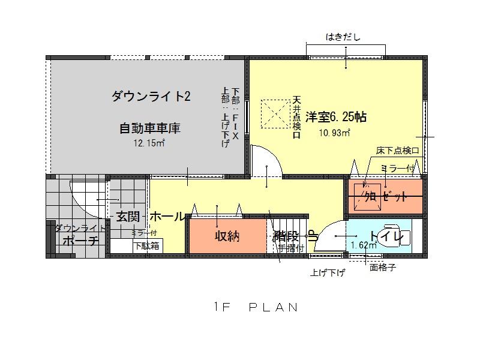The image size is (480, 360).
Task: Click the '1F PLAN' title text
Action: tap(256, 307)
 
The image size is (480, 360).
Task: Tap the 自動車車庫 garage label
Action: tap(150, 128)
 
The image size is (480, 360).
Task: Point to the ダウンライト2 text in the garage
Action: tap(151, 97)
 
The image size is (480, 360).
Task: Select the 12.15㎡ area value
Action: tap(150, 143)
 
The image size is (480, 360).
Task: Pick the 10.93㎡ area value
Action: tap(335, 133)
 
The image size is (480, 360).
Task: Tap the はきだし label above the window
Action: tap(343, 37)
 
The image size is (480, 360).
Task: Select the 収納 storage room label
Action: tap(227, 236)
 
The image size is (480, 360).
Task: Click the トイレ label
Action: tap(386, 236)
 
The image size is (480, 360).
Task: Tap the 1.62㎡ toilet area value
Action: tap(364, 245)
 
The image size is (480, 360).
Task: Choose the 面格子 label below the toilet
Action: tap(383, 268)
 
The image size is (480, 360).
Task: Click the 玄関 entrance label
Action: tap(128, 217)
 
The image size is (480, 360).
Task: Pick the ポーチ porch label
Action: tap(80, 241)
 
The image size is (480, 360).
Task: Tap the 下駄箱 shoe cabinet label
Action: tap(146, 245)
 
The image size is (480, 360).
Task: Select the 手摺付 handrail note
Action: tap(292, 247)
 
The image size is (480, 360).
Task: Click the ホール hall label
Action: tap(167, 217)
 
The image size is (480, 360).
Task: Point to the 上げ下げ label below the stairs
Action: tap(328, 273)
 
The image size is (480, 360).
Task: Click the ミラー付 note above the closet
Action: tap(398, 169)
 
